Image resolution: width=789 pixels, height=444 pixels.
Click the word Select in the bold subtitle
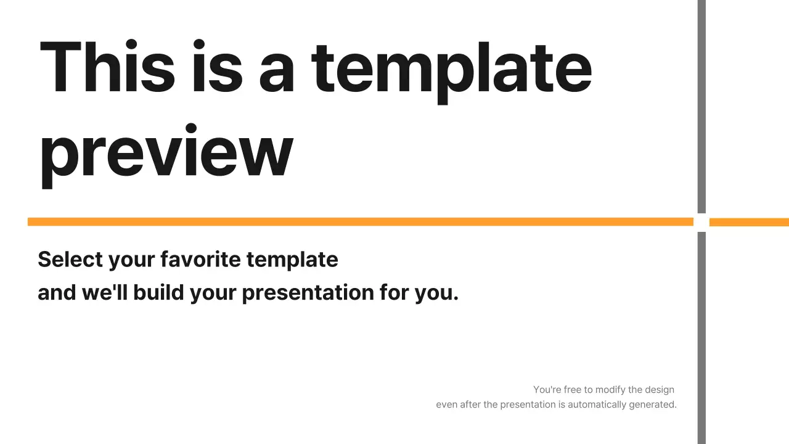tap(70, 259)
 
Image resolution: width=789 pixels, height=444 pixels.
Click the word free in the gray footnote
tap(573, 390)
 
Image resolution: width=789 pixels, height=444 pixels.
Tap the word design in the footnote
tap(660, 390)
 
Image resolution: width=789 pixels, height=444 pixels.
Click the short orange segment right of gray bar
tap(749, 222)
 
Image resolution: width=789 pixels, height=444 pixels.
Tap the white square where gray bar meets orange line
tap(701, 222)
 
